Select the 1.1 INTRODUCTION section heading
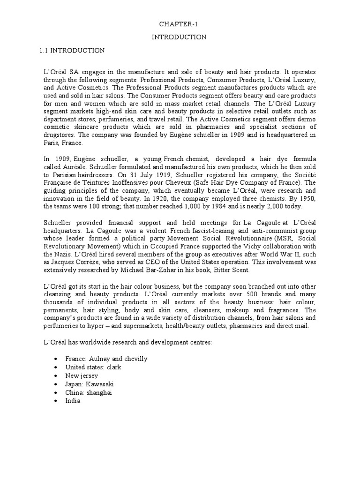click(x=71, y=50)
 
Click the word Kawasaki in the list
click(x=104, y=384)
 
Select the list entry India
click(x=73, y=401)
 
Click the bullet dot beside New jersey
click(x=56, y=376)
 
